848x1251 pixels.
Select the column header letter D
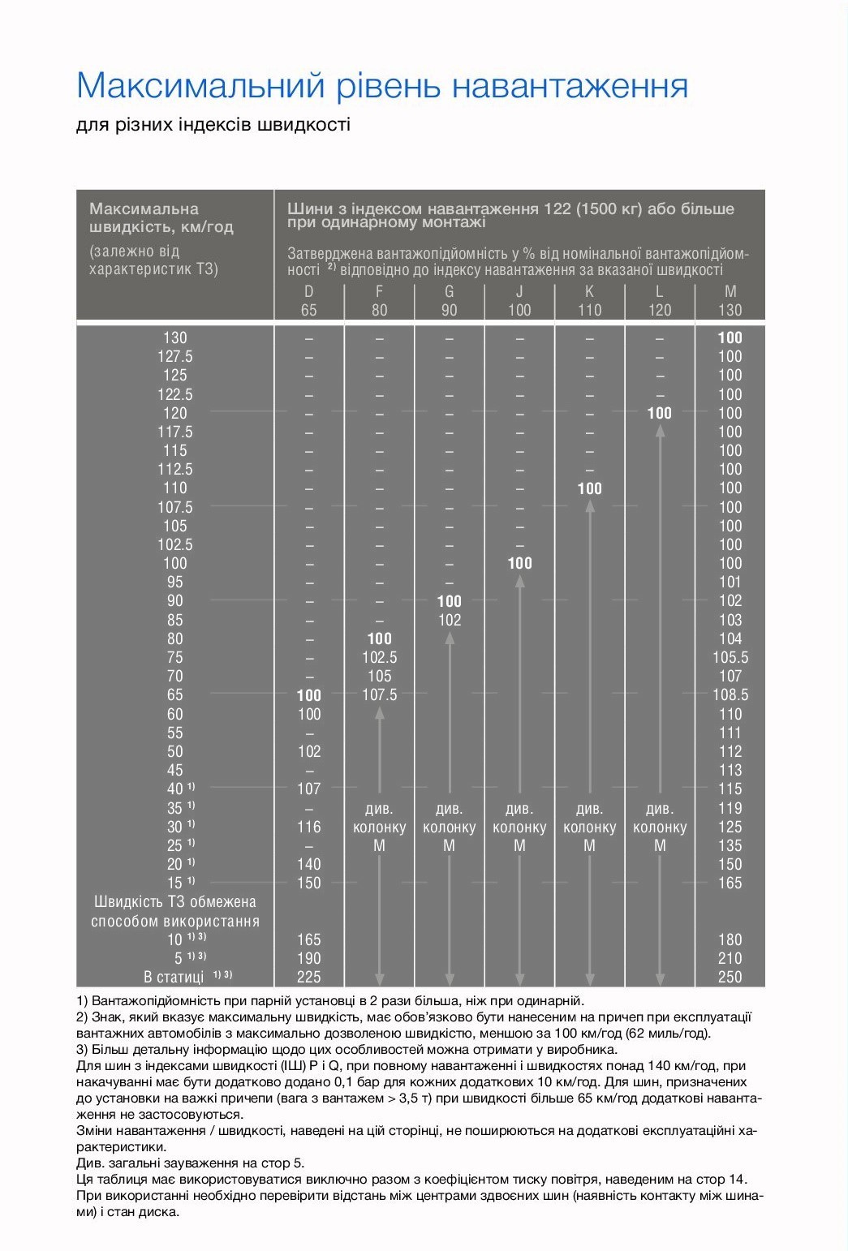(308, 291)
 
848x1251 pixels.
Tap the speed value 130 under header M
(730, 310)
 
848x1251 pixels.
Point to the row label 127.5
(175, 357)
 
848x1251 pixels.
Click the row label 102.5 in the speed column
(175, 545)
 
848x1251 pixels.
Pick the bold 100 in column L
(660, 413)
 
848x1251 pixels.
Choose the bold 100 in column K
(590, 488)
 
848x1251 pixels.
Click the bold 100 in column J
(519, 563)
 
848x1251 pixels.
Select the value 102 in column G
(450, 620)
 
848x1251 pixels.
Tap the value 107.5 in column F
(380, 695)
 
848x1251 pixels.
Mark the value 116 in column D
(309, 827)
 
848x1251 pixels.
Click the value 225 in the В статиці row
(309, 977)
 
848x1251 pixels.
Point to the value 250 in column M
(730, 977)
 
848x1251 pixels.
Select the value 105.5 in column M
(730, 658)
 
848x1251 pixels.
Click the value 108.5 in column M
(730, 695)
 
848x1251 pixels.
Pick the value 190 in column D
(309, 958)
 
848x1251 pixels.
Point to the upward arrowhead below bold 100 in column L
(660, 432)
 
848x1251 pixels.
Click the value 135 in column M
(730, 845)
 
